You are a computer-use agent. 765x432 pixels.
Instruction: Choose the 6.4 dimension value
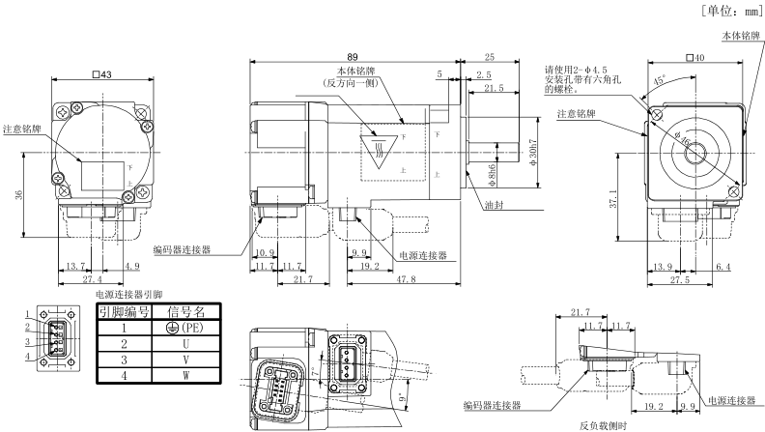pyautogui.click(x=723, y=265)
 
